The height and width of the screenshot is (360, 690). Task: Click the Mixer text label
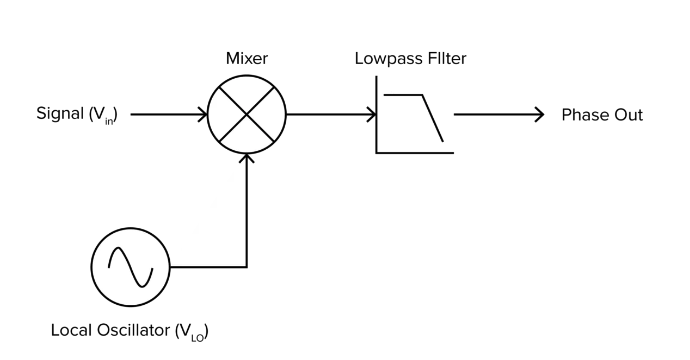click(x=246, y=58)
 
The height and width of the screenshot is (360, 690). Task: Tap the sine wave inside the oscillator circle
click(x=131, y=267)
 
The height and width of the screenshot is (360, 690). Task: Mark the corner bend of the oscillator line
click(x=246, y=267)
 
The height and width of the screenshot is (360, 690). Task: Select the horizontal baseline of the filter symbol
click(x=414, y=152)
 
